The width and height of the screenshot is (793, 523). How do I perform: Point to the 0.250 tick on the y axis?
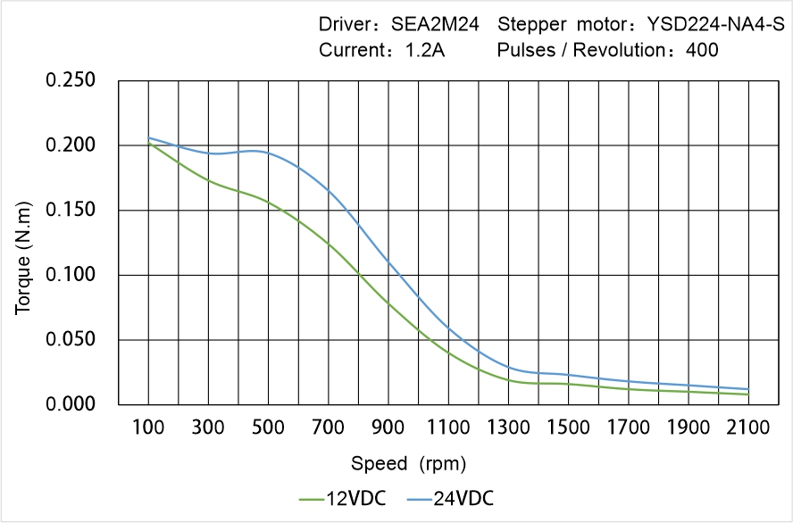coord(70,80)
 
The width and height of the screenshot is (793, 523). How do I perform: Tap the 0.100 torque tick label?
coord(70,275)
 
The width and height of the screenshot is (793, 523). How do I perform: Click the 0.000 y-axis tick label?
coord(70,404)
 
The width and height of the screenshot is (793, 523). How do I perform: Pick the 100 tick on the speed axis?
coord(148,428)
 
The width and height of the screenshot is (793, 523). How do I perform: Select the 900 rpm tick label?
coord(388,428)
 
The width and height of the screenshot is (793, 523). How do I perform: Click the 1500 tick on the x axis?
coord(568,428)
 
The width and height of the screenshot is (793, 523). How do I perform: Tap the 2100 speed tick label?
coord(748,428)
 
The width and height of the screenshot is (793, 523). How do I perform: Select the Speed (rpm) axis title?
coord(408,464)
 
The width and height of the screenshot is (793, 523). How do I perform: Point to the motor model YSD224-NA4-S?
coord(703,26)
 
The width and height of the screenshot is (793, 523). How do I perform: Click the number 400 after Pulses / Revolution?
coord(702,51)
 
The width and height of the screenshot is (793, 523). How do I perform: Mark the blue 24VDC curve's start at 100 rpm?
coord(148,137)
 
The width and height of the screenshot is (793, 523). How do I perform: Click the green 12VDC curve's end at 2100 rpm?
coord(748,394)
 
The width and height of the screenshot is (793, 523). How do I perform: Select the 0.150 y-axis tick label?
coord(70,210)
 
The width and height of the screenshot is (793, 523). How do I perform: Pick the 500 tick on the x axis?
coord(268,428)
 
